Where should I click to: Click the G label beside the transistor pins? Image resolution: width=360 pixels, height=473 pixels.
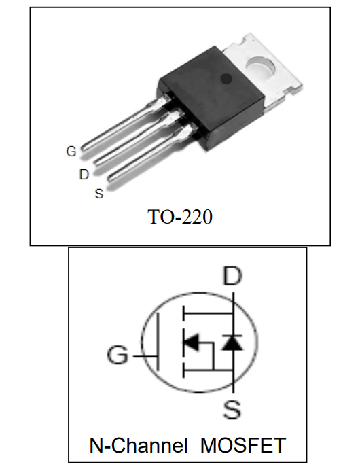pos(71,151)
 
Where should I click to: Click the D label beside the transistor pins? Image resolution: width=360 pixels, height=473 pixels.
pos(84,175)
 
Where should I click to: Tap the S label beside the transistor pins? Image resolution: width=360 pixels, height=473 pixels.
pos(99,194)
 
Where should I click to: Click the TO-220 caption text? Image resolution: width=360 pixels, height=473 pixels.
pos(180,217)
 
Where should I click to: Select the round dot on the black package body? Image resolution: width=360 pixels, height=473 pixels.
pos(226,79)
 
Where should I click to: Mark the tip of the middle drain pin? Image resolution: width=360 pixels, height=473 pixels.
pos(96,162)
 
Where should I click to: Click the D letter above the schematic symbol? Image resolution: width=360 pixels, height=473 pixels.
pos(232,276)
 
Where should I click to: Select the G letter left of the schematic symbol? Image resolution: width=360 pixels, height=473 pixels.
pos(118,355)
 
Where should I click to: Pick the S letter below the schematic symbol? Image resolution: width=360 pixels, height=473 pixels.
pos(232,409)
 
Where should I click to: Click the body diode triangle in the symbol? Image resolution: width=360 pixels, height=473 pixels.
pos(232,343)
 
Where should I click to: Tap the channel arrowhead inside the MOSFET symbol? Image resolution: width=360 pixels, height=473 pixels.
pos(191,343)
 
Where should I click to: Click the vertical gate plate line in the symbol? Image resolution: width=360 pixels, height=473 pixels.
pos(158,341)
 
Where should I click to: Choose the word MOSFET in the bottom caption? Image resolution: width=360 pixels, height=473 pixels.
pos(243,445)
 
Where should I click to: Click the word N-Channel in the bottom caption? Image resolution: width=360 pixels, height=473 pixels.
pos(139,445)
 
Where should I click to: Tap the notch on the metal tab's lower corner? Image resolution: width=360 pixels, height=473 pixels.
pos(292,89)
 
